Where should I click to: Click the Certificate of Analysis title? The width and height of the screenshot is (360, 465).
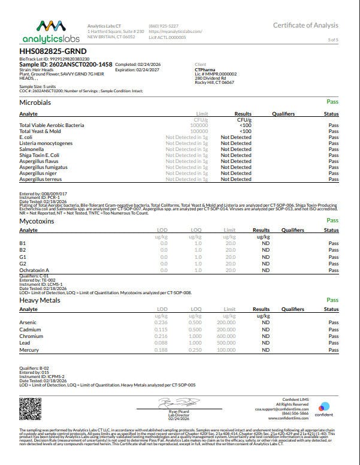point(305,25)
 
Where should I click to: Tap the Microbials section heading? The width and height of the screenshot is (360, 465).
point(35,103)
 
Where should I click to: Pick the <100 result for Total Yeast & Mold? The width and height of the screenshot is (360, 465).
point(245,131)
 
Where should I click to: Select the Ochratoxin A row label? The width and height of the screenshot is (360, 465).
point(34,270)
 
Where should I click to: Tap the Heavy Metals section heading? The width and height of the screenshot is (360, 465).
point(40,300)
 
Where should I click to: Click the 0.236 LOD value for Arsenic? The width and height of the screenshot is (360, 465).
point(161,322)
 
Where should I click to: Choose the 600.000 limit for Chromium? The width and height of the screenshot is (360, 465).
point(226,336)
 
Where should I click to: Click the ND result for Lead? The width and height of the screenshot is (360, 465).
point(266,343)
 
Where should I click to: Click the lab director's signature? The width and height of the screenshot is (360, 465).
point(179,402)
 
